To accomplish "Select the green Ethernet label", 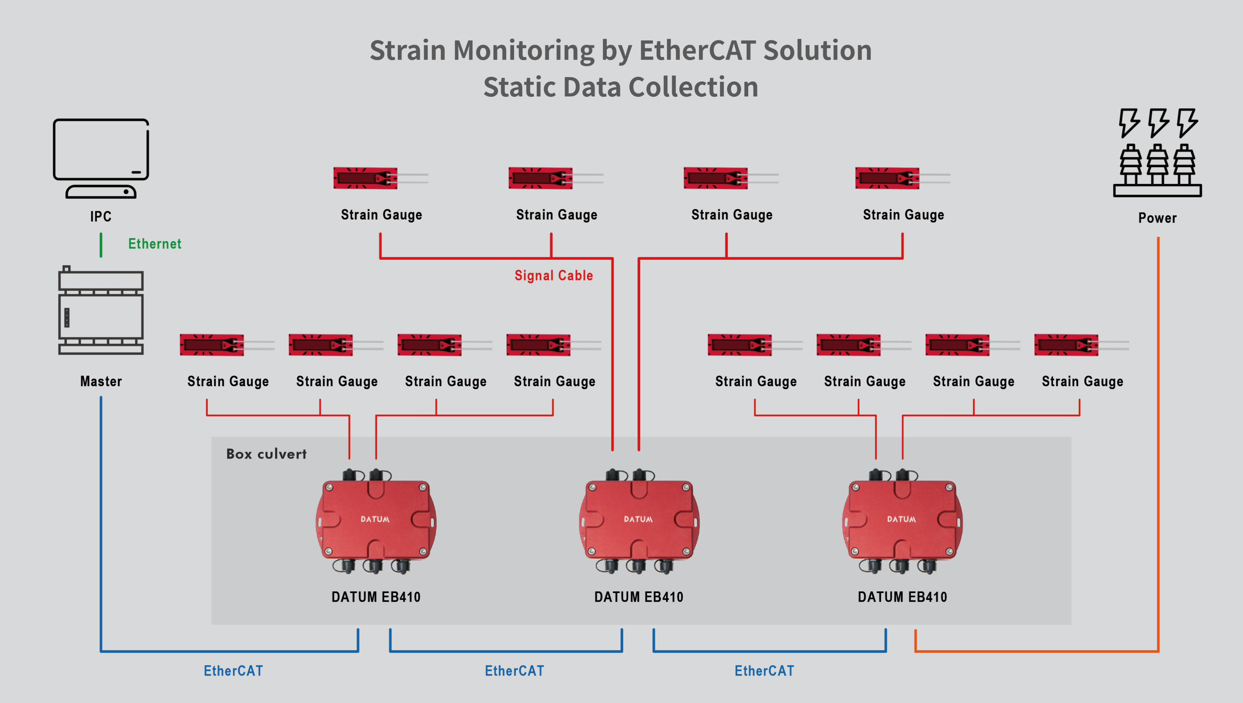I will point(155,244).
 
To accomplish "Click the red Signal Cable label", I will point(553,275).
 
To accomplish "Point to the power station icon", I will point(1157,152).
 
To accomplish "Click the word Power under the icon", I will point(1157,218).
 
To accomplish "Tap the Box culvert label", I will point(266,454).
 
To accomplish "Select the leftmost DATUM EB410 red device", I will point(376,520).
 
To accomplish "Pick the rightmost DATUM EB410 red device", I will point(902,520).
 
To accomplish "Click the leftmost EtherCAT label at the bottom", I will point(233,671).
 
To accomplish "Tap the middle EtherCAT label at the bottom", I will point(514,671).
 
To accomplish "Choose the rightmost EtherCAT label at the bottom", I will point(764,671).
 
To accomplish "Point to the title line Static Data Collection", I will point(621,87).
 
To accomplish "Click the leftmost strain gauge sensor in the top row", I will point(366,178).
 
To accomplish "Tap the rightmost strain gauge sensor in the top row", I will point(888,178).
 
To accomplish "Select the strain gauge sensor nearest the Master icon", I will point(212,345).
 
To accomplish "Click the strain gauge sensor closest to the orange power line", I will point(1066,345).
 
